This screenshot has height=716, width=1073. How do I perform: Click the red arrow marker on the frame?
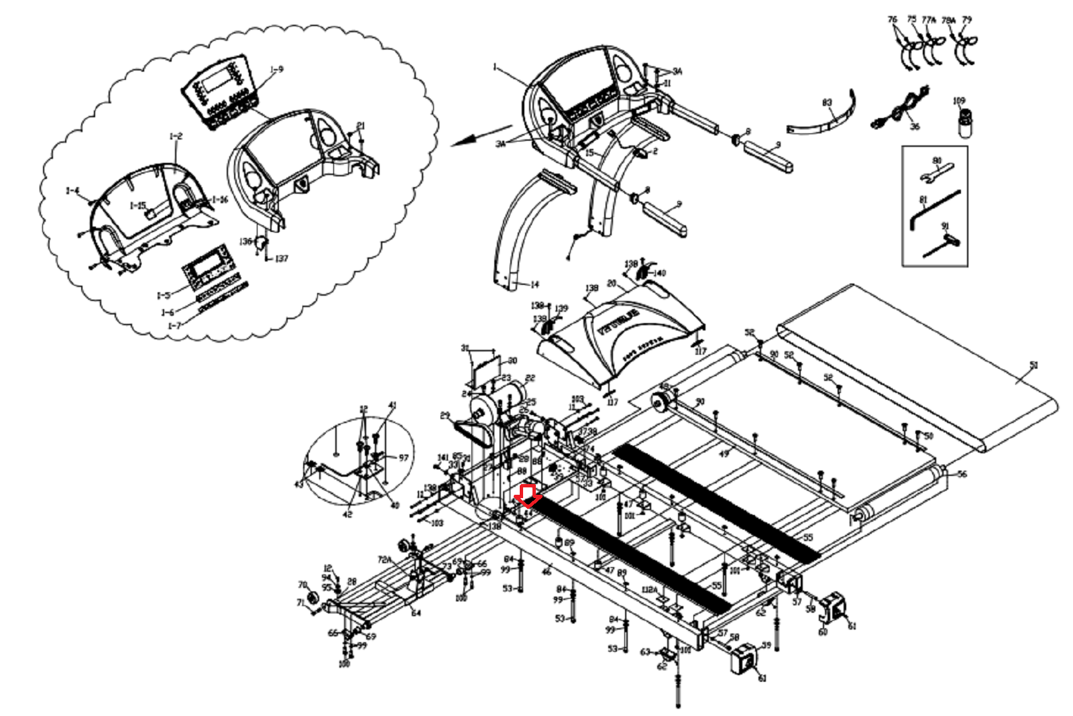tap(527, 495)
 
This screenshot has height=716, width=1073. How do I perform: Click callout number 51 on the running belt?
tap(1033, 365)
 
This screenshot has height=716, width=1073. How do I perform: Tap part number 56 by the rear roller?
tap(962, 474)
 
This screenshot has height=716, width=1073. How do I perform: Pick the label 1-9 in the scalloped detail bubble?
tap(277, 69)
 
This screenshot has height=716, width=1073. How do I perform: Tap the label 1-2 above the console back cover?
tap(175, 137)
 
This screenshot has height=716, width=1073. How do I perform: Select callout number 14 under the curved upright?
tap(534, 285)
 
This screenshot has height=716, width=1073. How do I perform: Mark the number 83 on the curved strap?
tap(828, 103)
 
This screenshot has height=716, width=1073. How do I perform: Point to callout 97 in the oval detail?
tap(403, 458)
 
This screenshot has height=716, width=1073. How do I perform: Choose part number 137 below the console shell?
tap(282, 259)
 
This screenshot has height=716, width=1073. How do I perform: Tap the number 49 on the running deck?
tap(724, 454)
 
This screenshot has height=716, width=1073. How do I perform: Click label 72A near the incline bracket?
tap(384, 560)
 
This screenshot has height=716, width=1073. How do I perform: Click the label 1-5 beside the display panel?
tap(164, 296)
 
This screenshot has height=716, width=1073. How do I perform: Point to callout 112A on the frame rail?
tap(649, 590)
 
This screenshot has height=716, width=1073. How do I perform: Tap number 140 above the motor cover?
tap(659, 273)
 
